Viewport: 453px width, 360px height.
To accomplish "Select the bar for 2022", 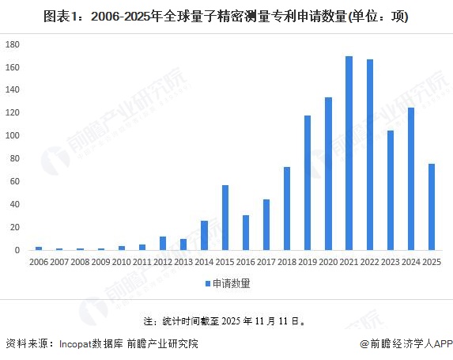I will pyautogui.click(x=369, y=154).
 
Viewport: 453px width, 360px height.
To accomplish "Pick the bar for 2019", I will pyautogui.click(x=308, y=183).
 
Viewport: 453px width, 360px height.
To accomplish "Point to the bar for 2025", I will pyautogui.click(x=432, y=207).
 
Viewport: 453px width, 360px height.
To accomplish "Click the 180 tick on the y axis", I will pyautogui.click(x=12, y=44).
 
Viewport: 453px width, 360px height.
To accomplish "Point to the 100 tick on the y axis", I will pyautogui.click(x=12, y=135).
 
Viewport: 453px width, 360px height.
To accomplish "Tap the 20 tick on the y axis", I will pyautogui.click(x=14, y=227).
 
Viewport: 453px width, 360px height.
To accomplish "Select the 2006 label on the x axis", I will pyautogui.click(x=38, y=261).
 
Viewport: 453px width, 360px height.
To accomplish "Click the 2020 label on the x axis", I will pyautogui.click(x=328, y=261).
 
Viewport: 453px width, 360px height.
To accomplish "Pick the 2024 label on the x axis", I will pyautogui.click(x=411, y=261).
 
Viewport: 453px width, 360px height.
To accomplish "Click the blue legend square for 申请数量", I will pyautogui.click(x=209, y=282).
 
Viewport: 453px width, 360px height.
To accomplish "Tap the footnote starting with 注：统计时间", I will pyautogui.click(x=226, y=322).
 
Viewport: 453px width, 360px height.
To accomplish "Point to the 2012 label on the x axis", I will pyautogui.click(x=162, y=261).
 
